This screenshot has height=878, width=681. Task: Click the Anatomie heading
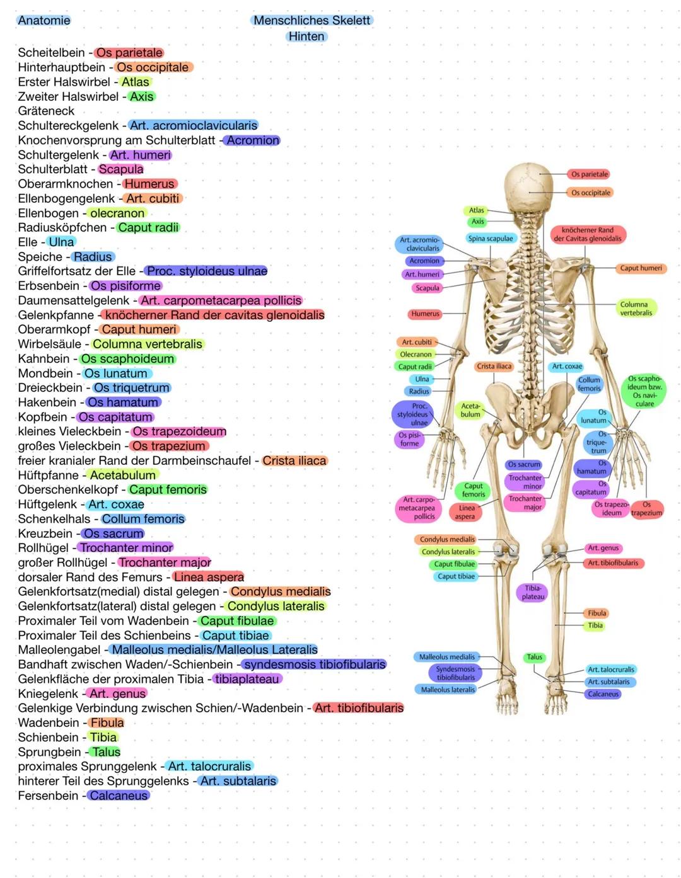(44, 20)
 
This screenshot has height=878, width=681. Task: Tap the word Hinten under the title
(306, 37)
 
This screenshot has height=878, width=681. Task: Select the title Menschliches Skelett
(311, 20)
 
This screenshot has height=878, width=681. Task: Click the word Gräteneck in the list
(46, 111)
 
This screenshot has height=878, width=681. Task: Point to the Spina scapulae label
(490, 238)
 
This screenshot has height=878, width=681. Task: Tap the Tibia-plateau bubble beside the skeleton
(533, 592)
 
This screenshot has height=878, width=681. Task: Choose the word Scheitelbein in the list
(51, 52)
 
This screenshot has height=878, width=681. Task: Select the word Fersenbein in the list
(48, 795)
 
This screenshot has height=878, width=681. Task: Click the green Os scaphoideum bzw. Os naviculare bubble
(644, 391)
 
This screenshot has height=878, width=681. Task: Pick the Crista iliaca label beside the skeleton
(494, 367)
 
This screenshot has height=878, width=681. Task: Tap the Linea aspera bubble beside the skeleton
(466, 512)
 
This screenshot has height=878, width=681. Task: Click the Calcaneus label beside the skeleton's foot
(603, 694)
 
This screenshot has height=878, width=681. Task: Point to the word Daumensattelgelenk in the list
(74, 300)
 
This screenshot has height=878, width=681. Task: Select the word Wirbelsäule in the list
(50, 344)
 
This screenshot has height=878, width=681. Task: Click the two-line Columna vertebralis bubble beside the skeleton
(636, 308)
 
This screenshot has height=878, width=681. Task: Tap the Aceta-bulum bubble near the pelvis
(470, 410)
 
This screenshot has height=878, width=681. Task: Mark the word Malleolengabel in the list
(59, 650)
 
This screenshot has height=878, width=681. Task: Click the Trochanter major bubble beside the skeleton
(525, 503)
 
